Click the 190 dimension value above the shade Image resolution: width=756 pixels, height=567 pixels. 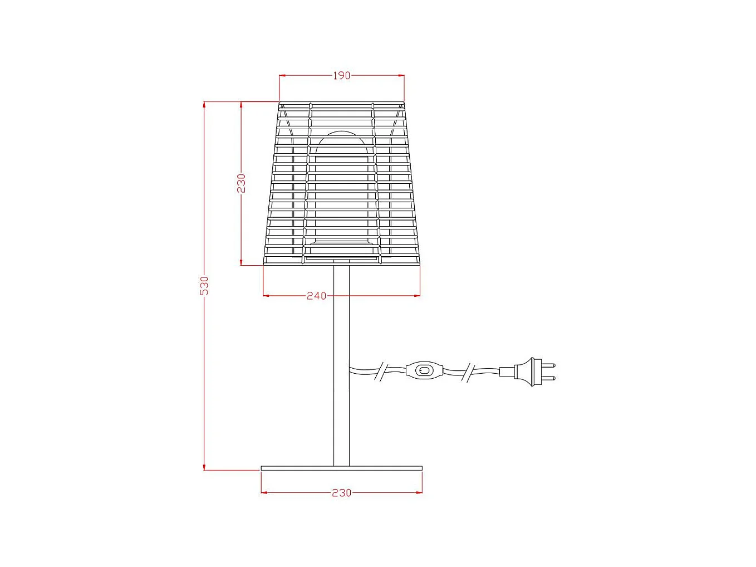(x=341, y=76)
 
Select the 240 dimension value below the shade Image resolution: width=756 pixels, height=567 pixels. (x=316, y=296)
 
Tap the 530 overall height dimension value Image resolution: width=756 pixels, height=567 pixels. (x=204, y=285)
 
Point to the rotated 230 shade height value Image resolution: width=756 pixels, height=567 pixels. (x=241, y=183)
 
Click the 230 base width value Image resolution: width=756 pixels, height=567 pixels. (x=341, y=493)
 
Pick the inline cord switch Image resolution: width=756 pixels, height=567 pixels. (x=425, y=370)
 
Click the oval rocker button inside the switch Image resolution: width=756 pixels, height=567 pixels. (x=425, y=370)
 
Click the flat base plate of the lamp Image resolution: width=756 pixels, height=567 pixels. (x=341, y=468)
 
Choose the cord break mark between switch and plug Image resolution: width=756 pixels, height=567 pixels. (x=469, y=372)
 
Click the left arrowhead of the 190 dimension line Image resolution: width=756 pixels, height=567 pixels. (x=282, y=75)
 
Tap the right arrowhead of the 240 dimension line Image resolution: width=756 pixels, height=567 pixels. (x=418, y=296)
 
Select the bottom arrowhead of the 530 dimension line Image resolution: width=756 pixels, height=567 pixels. (x=204, y=467)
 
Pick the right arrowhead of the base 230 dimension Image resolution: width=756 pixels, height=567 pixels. (x=419, y=492)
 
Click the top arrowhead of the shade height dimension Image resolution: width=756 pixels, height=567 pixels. (x=241, y=104)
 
